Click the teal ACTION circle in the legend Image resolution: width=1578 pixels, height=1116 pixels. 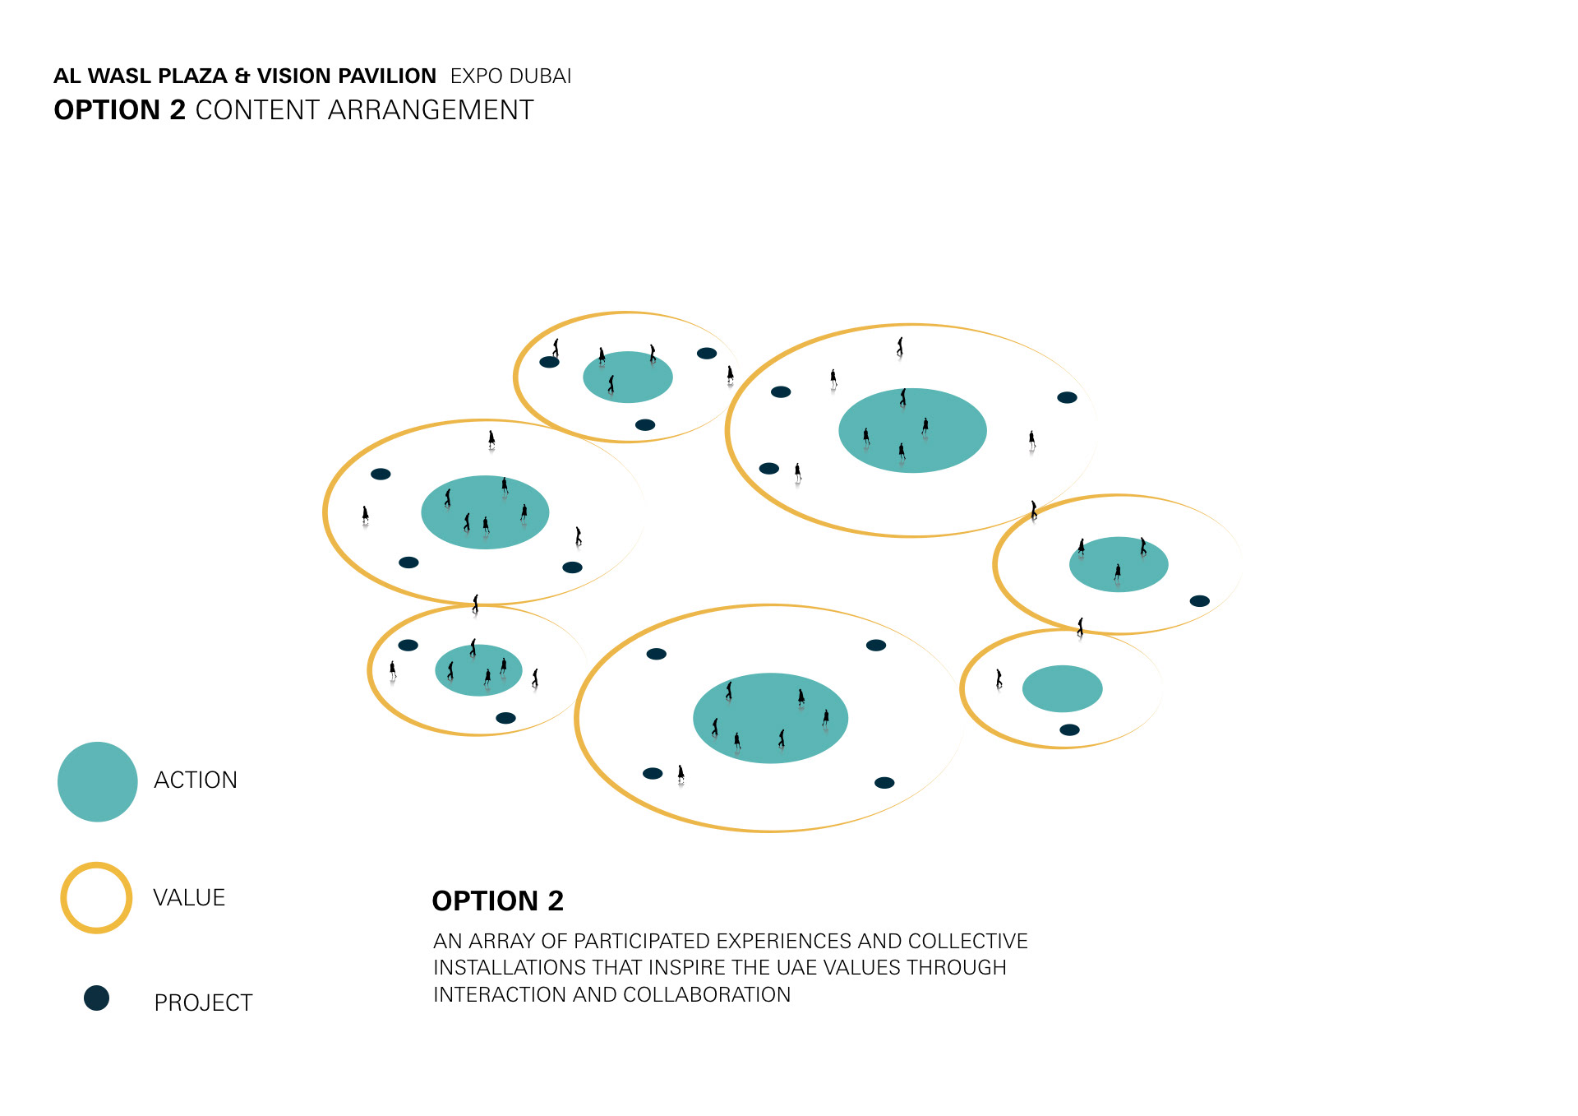[97, 781]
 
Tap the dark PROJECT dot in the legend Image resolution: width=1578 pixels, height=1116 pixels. [96, 998]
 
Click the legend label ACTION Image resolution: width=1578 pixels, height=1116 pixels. [196, 780]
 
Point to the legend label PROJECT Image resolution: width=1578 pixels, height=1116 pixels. [203, 1003]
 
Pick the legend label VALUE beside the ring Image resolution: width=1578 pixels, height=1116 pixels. [189, 897]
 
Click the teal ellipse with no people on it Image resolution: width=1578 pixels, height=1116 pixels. [1062, 688]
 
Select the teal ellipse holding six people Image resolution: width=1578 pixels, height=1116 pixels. [770, 718]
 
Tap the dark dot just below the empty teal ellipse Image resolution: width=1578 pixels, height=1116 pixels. [1069, 729]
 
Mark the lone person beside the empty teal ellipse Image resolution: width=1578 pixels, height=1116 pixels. [999, 678]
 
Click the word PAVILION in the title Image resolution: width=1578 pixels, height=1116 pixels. [387, 76]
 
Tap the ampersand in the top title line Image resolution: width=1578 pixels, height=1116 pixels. [242, 76]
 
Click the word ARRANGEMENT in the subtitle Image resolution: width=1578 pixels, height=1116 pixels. [431, 110]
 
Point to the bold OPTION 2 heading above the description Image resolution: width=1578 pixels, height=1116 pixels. [498, 901]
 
